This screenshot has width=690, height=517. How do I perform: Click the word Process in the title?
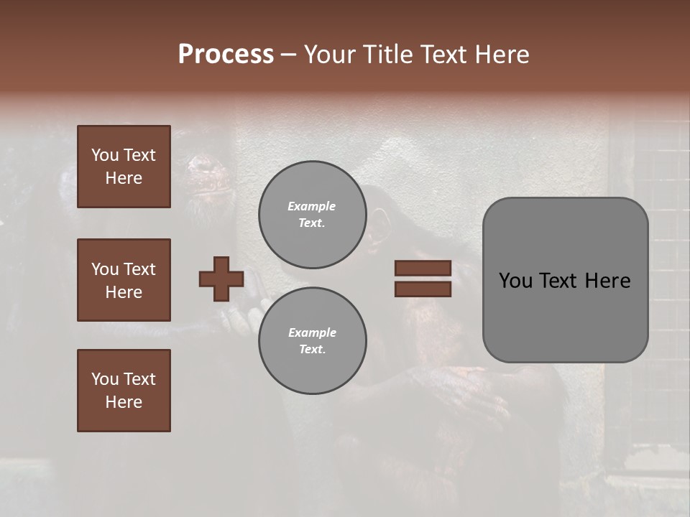tap(226, 55)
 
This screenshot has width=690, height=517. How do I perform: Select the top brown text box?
tap(124, 167)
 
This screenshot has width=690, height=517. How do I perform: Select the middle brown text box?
tap(124, 280)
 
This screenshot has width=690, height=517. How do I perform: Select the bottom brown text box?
tap(124, 391)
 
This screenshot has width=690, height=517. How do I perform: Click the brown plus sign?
tap(221, 279)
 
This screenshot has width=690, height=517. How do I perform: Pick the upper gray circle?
tap(313, 215)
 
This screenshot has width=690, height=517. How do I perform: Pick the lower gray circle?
tap(313, 340)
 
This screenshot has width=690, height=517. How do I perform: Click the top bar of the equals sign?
tap(423, 268)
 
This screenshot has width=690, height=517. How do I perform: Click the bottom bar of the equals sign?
tap(423, 289)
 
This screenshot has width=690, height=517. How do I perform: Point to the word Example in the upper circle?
tap(311, 206)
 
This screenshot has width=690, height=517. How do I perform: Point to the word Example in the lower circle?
tap(311, 332)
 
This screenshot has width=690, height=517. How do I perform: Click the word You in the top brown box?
tap(104, 155)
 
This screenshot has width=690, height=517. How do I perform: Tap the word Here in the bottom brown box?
tap(124, 402)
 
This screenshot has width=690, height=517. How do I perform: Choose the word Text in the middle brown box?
tap(139, 269)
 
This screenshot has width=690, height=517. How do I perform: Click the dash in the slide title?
tap(288, 55)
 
